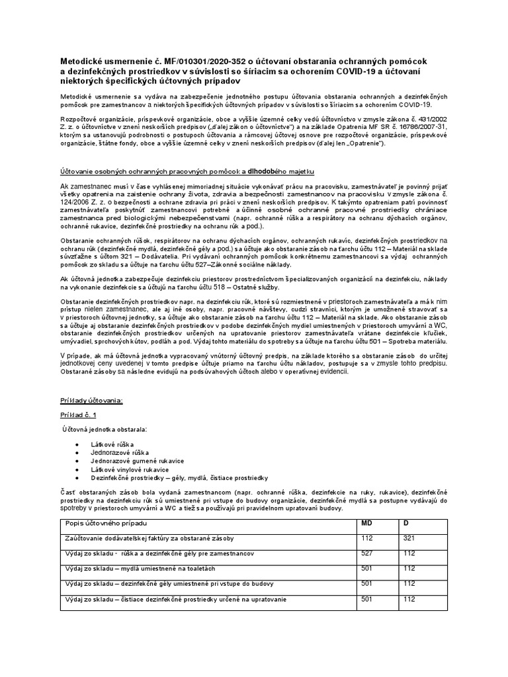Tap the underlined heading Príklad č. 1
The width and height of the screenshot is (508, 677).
tap(78, 415)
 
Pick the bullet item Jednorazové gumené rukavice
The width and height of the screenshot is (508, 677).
tap(137, 460)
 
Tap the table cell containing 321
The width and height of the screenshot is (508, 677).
tap(409, 538)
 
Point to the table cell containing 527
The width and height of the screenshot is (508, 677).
tap(366, 553)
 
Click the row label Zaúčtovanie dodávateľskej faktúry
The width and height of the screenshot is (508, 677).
tap(149, 539)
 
